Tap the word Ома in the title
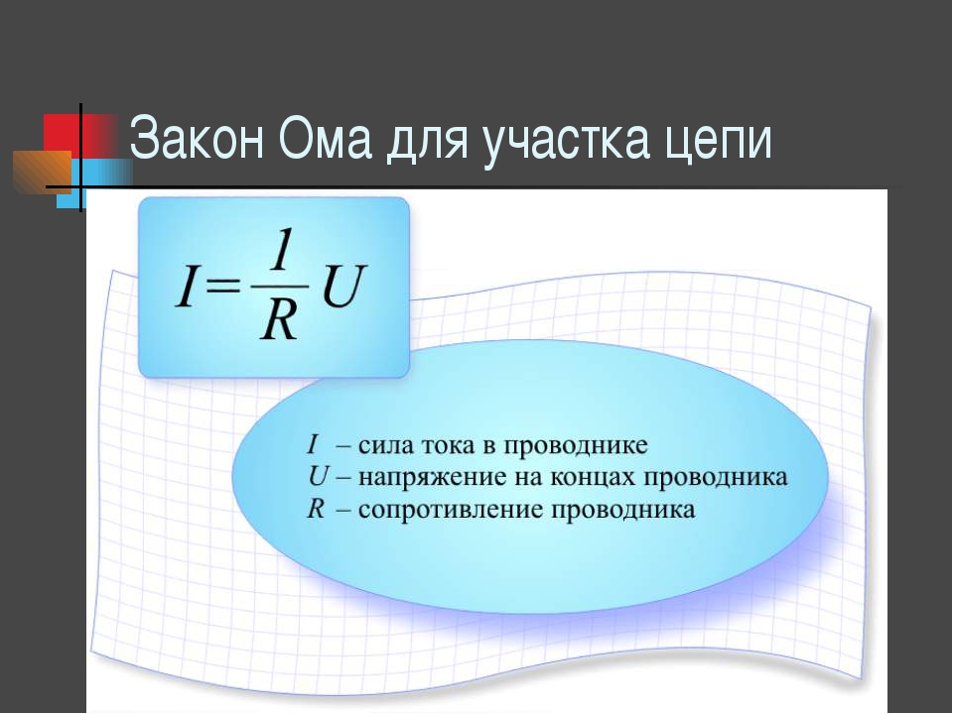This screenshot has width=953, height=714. [325, 138]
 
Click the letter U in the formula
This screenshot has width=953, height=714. [343, 286]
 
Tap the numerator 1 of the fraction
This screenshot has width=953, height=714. [281, 249]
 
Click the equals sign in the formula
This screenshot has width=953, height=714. [223, 287]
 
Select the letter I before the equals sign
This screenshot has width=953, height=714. [188, 286]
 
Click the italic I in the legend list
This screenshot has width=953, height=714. [313, 444]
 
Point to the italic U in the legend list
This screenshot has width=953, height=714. [318, 476]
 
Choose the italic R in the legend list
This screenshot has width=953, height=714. [316, 508]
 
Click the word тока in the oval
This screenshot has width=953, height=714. [446, 445]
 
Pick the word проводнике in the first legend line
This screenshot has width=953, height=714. [576, 446]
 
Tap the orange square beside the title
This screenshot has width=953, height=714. [43, 173]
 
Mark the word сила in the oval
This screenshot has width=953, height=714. [385, 445]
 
